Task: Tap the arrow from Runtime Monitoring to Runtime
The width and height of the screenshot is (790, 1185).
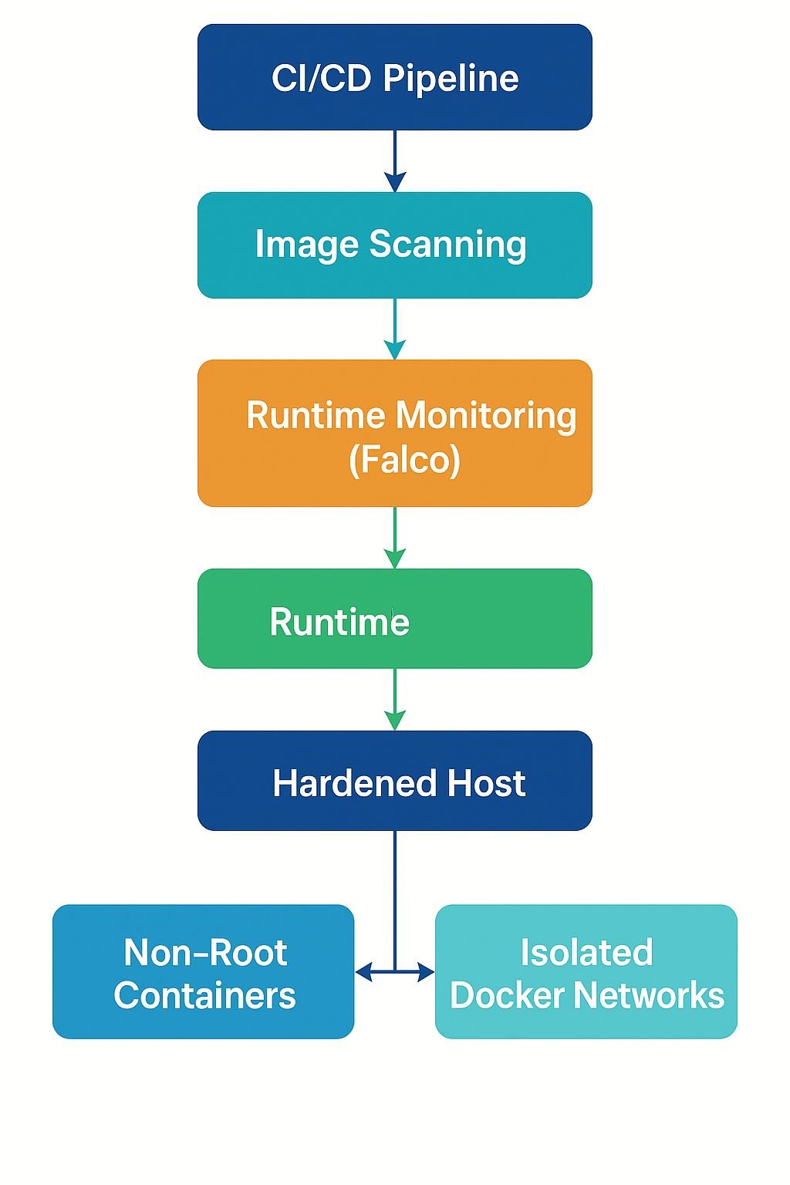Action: tap(395, 538)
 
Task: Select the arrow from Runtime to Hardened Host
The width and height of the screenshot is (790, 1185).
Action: tap(395, 699)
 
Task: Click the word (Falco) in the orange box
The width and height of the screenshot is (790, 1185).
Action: tap(404, 460)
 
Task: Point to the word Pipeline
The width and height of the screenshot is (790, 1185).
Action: tap(451, 79)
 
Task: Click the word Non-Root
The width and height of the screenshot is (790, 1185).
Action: tap(205, 953)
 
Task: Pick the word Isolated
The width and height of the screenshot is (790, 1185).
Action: tap(586, 953)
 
